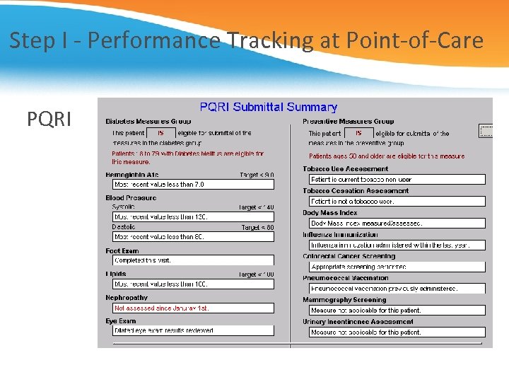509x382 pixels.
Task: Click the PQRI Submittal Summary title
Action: click(x=268, y=107)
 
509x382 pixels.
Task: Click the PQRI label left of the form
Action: click(x=49, y=120)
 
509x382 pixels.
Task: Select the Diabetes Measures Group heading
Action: click(x=148, y=122)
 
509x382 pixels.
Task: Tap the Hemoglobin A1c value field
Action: click(x=192, y=185)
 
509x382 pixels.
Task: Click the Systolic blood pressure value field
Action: click(x=192, y=217)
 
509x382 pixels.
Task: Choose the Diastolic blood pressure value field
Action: click(x=192, y=237)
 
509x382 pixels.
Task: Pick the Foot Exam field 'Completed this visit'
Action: click(x=192, y=260)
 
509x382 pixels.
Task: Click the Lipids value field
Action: click(x=192, y=284)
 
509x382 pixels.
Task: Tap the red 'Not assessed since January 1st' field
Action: click(x=192, y=308)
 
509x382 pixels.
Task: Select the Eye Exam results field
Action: click(x=192, y=330)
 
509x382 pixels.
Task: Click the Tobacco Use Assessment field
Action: click(x=397, y=180)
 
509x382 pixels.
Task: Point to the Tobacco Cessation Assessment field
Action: click(x=397, y=202)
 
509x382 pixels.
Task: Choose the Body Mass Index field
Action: click(x=397, y=224)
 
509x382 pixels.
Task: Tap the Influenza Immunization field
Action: click(x=397, y=245)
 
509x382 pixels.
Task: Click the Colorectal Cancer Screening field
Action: click(x=397, y=267)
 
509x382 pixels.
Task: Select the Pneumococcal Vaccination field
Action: click(x=397, y=289)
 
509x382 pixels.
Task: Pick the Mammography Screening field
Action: click(x=397, y=311)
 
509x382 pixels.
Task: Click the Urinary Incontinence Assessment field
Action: click(x=397, y=332)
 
